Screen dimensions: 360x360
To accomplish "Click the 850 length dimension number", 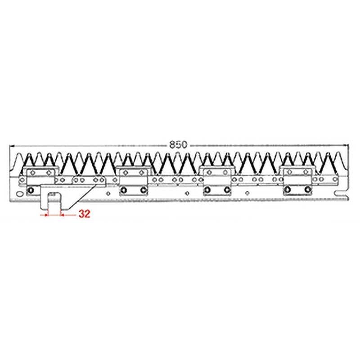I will [179, 145].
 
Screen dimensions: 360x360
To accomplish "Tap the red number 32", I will [84, 214].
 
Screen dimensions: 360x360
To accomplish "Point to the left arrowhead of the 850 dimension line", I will [12, 145].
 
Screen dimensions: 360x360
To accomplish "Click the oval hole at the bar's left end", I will [19, 194].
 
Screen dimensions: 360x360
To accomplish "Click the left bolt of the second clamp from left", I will [123, 191].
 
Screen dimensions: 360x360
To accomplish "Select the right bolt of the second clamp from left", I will [143, 191].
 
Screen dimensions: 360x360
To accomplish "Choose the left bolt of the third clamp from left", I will [207, 191].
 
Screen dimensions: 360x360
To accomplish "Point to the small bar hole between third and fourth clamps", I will [247, 194].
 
